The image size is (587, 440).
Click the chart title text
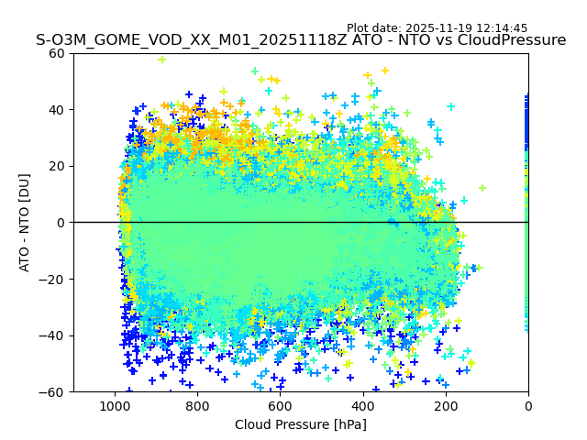click(x=301, y=40)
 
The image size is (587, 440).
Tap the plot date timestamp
click(x=437, y=28)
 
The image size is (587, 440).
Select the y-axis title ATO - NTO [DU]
click(x=25, y=223)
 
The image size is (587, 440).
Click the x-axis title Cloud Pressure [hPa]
click(x=301, y=424)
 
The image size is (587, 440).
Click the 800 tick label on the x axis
click(x=197, y=406)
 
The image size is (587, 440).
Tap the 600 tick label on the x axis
click(x=280, y=406)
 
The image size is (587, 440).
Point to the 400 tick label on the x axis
click(x=362, y=406)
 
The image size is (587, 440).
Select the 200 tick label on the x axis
click(x=445, y=406)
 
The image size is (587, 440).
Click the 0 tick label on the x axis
click(x=528, y=406)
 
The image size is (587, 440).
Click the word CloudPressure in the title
click(x=511, y=40)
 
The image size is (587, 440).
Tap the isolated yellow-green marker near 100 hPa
click(x=482, y=188)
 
